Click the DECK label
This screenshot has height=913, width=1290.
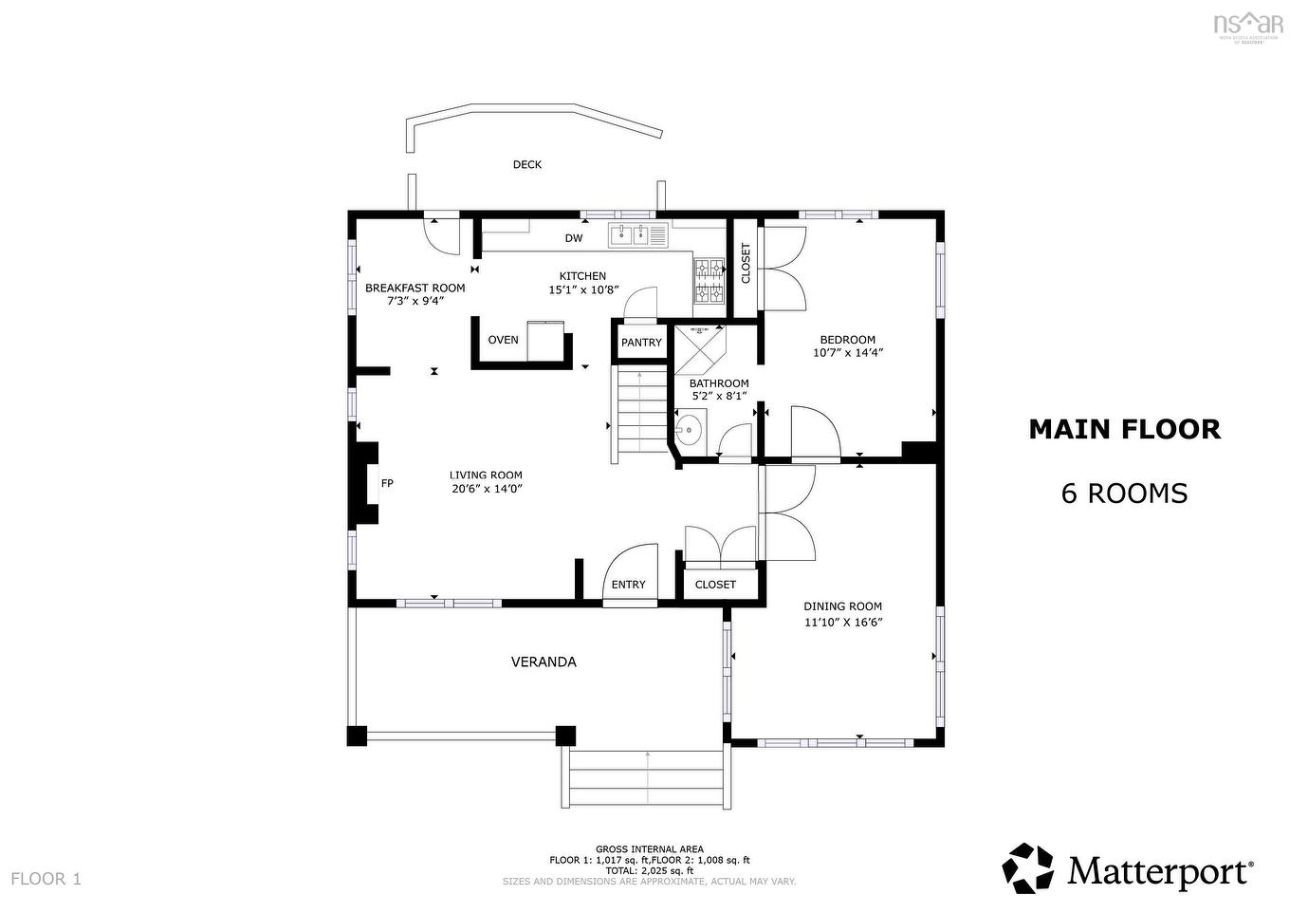527,164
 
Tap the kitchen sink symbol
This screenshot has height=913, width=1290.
628,233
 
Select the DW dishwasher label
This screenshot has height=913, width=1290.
574,238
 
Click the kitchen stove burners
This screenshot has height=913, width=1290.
709,282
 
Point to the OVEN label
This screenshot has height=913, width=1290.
503,340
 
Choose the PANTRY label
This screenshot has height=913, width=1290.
641,343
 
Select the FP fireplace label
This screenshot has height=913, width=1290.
387,483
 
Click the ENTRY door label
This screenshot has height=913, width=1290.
628,585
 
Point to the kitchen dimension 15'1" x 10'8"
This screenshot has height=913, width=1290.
582,289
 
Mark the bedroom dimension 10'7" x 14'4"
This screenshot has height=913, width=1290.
847,353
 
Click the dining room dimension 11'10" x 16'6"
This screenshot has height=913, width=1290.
842,623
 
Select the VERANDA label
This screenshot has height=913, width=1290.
544,661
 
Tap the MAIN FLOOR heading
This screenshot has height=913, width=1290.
1124,429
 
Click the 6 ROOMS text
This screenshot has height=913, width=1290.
1124,494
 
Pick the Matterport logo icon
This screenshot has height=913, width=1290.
1028,868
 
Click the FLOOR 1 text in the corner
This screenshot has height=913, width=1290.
46,879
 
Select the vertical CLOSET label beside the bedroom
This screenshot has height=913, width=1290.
746,263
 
